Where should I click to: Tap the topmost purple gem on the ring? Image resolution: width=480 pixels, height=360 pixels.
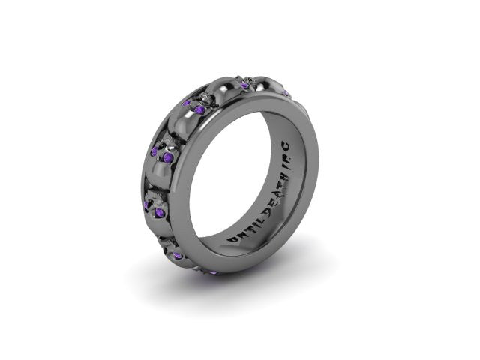click(x=245, y=85)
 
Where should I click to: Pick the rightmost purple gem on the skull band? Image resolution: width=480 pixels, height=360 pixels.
click(x=245, y=85)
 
